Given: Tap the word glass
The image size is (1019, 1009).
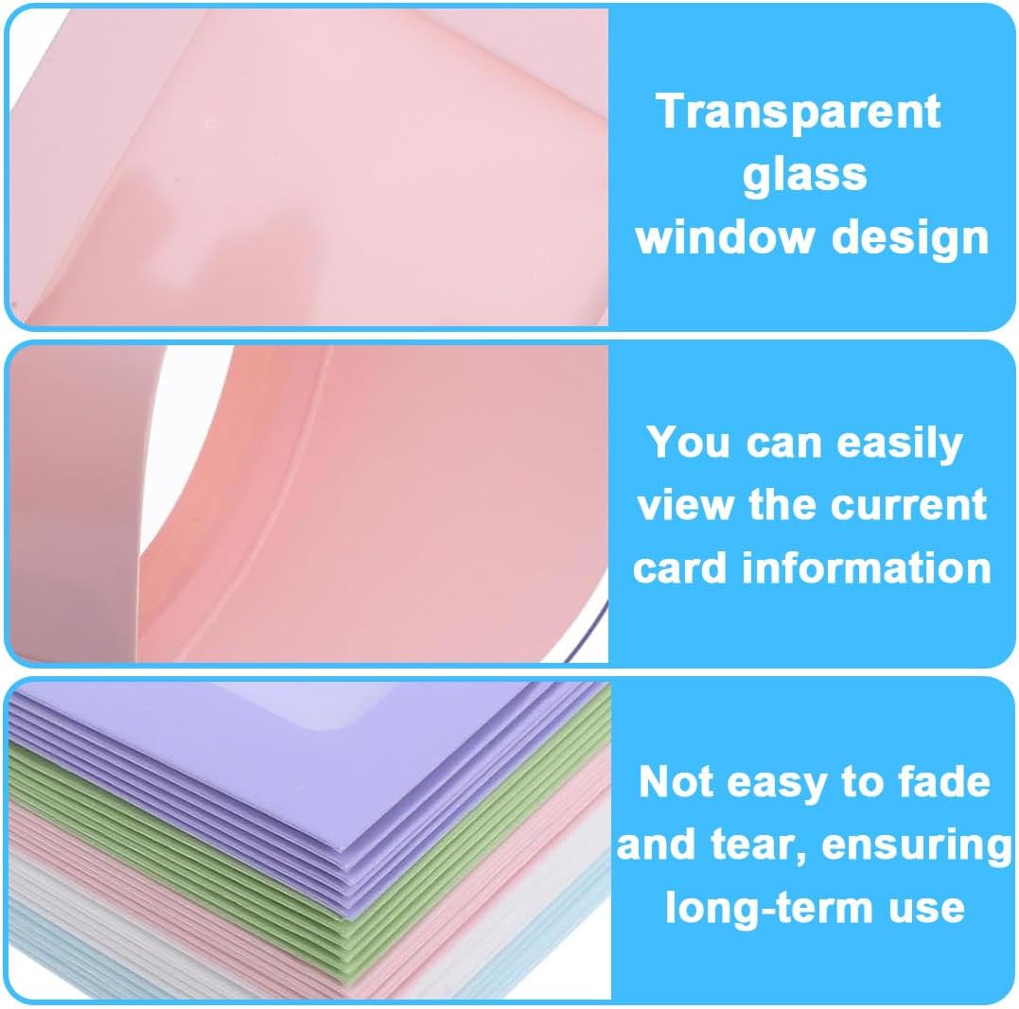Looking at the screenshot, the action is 804,177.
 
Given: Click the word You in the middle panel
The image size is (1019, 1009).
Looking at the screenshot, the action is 689,442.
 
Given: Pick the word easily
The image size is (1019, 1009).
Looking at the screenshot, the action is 900,444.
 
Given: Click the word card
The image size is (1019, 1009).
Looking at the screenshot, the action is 679,567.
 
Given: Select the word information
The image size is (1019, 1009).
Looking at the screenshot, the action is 867,567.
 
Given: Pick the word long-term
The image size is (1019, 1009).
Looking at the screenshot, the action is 768,909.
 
